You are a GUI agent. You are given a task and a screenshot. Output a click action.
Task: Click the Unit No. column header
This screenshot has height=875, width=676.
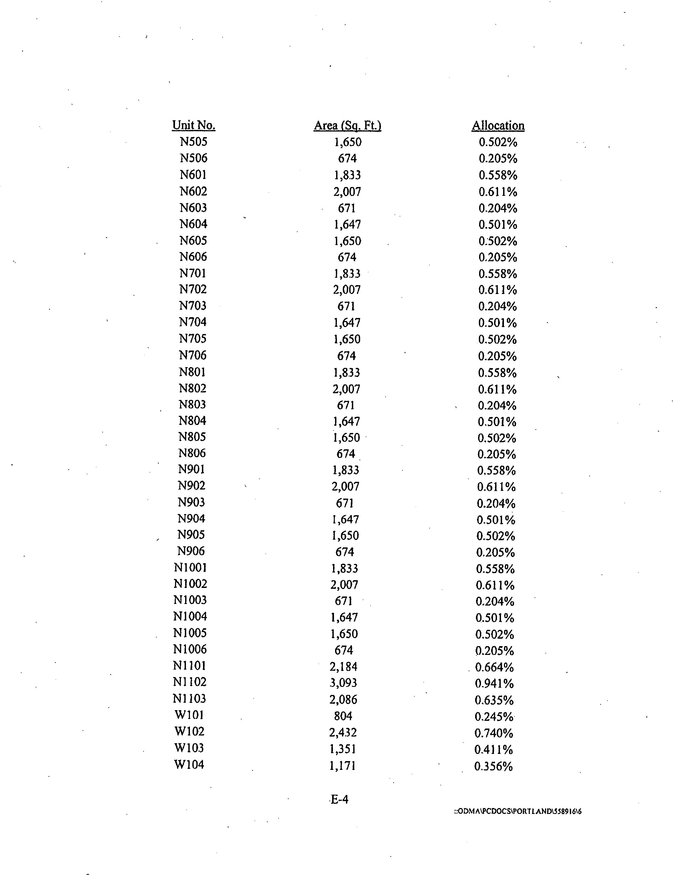point(194,125)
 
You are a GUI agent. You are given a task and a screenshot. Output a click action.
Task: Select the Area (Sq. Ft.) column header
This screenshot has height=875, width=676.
point(347,125)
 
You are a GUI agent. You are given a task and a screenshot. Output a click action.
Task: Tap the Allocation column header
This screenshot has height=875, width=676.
point(498,125)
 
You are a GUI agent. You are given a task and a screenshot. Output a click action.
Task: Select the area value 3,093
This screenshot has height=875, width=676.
point(343,682)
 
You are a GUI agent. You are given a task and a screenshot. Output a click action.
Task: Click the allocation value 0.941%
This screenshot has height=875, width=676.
point(494,683)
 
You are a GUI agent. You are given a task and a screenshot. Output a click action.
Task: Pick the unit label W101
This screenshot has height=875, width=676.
point(189,714)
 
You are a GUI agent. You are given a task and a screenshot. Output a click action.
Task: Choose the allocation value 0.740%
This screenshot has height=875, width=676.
point(494,733)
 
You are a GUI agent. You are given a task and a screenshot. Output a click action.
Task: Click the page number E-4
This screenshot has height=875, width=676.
point(339,799)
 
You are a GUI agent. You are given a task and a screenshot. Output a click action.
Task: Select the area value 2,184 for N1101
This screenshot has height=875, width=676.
point(343,666)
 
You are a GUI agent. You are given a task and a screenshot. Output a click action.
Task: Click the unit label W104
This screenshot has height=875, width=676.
point(189,764)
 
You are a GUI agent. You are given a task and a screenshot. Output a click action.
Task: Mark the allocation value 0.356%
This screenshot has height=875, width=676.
point(493,766)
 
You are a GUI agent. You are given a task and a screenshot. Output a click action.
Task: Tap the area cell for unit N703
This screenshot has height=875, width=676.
point(346,306)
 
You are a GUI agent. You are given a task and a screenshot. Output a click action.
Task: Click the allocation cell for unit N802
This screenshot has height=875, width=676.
point(497,389)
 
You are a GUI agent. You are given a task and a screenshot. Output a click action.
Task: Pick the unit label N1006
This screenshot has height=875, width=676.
point(190,649)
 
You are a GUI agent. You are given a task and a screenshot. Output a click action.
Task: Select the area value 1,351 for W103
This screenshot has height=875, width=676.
point(343,749)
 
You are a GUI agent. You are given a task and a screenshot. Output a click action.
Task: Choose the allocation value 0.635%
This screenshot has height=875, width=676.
point(494,700)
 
